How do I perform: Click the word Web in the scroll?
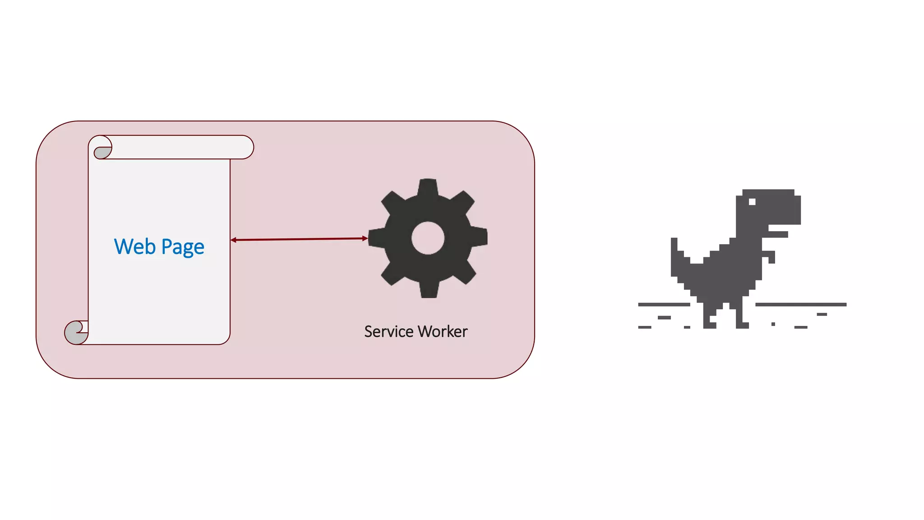coord(134,247)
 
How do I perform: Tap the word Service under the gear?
coord(388,332)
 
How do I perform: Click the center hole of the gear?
coord(428,238)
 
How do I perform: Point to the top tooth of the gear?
coord(428,186)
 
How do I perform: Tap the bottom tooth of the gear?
coord(429,290)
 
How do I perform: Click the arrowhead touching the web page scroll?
coord(234,240)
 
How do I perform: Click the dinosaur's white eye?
coord(752,202)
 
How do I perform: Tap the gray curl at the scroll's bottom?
coord(75,334)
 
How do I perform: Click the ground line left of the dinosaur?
coord(664,305)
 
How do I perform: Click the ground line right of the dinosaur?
coord(801,305)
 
